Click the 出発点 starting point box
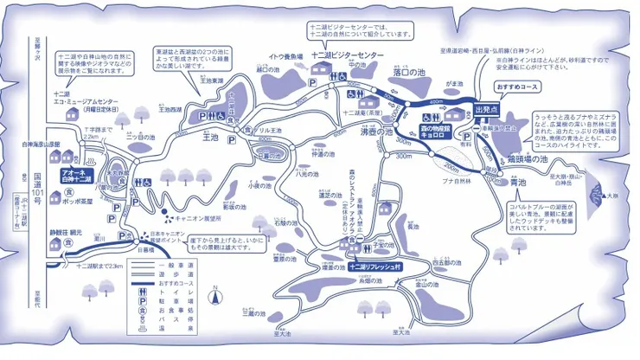click(x=487, y=109)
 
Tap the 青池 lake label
click(x=518, y=183)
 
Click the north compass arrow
click(x=216, y=305)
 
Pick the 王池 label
click(x=210, y=137)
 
